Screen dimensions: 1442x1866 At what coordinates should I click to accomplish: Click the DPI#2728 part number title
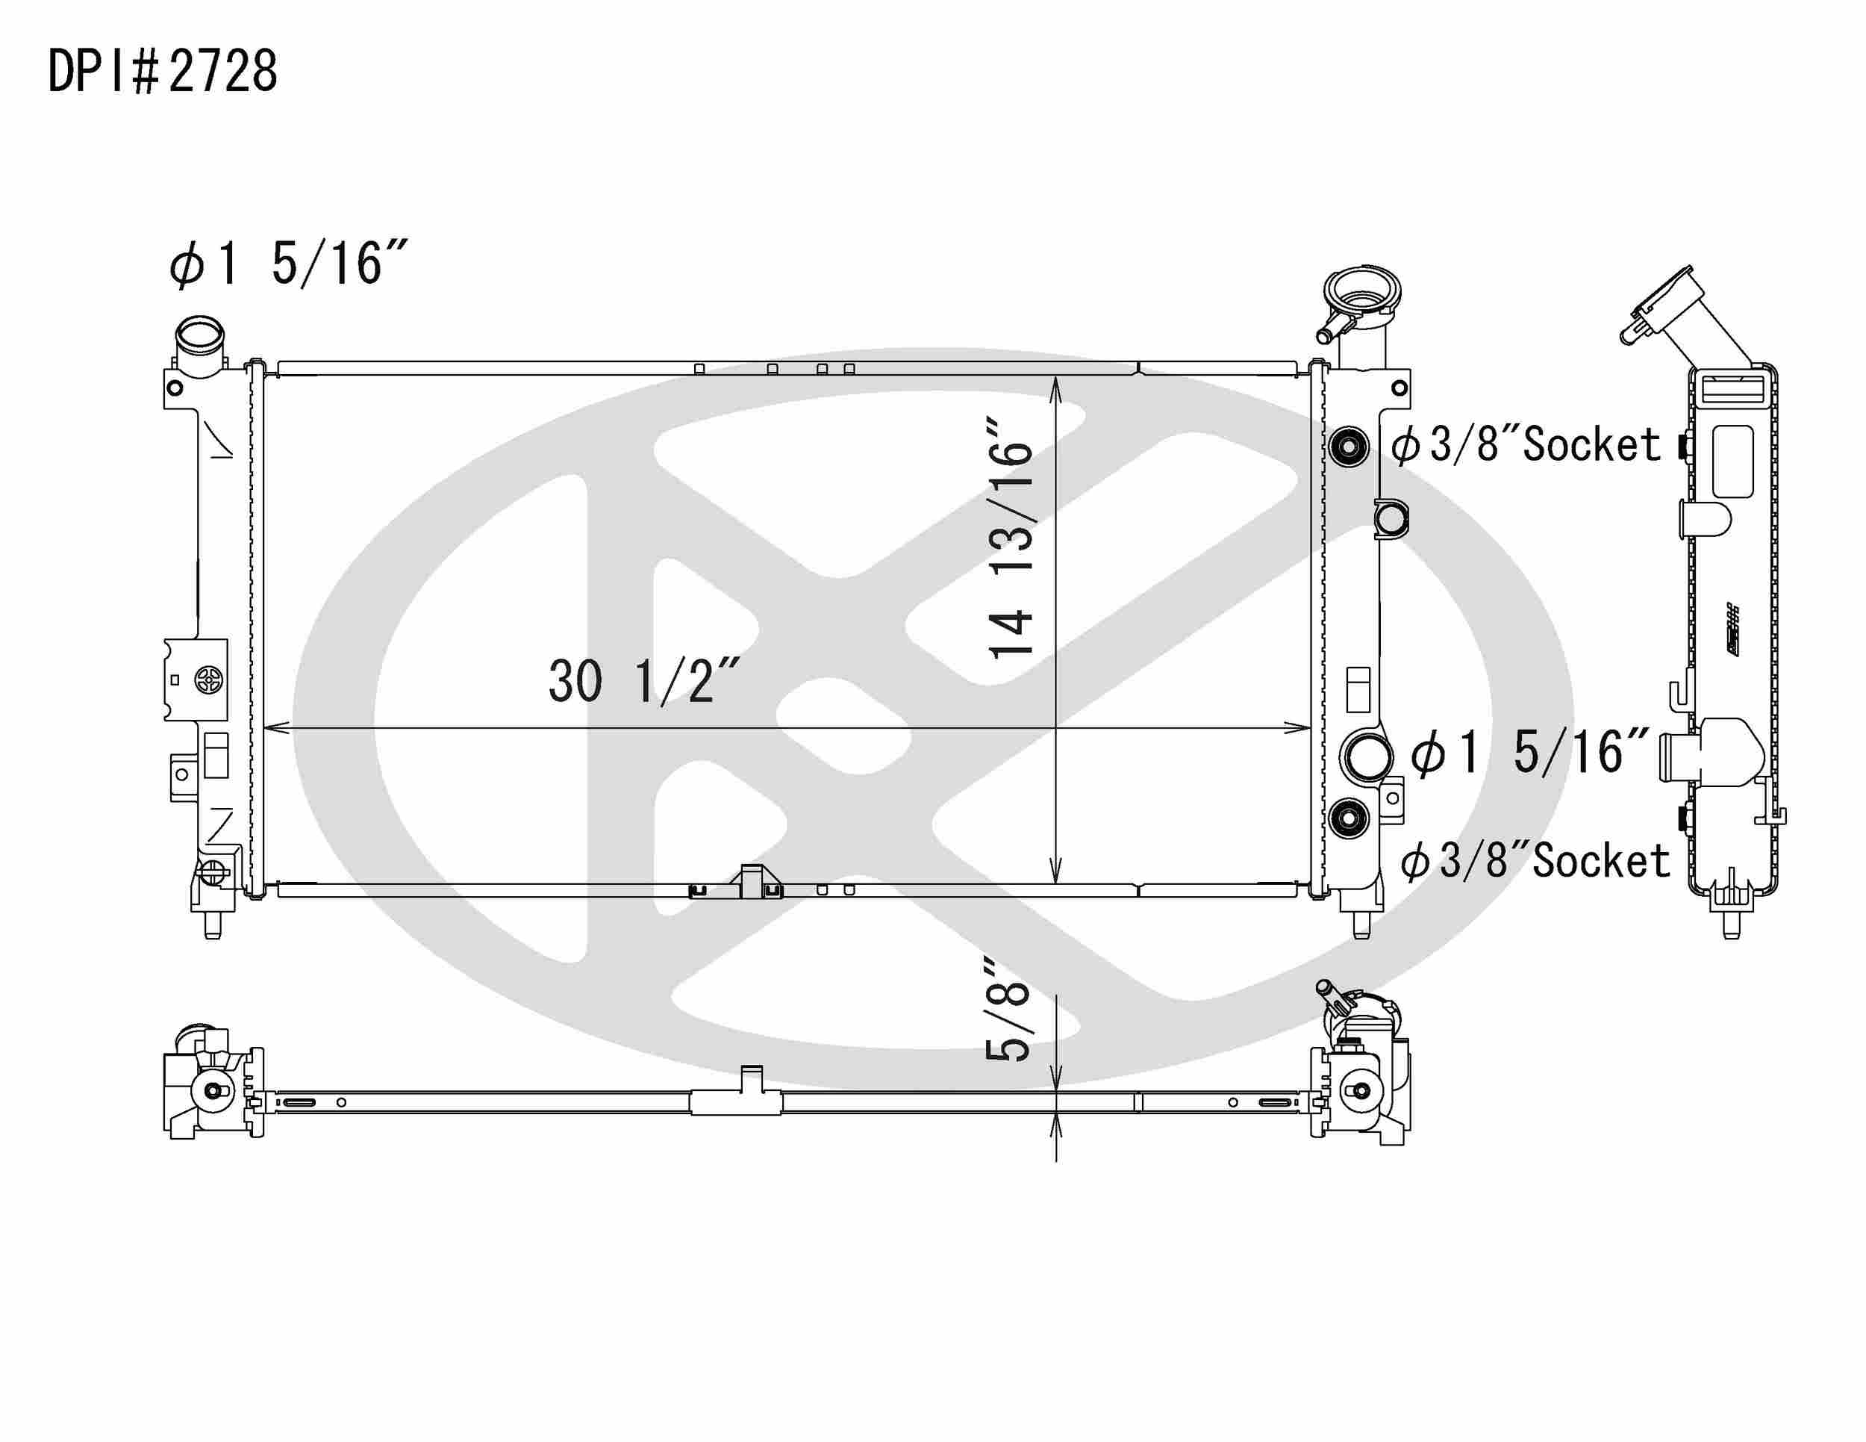point(162,72)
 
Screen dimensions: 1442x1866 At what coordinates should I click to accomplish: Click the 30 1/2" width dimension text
point(643,682)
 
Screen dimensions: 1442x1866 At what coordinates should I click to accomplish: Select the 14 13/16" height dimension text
point(1011,538)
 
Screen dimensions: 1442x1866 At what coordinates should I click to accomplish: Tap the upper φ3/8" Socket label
point(1524,445)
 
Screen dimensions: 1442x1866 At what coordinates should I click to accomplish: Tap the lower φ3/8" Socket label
point(1535,861)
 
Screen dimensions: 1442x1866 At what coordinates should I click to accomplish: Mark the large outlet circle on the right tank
point(1364,756)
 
